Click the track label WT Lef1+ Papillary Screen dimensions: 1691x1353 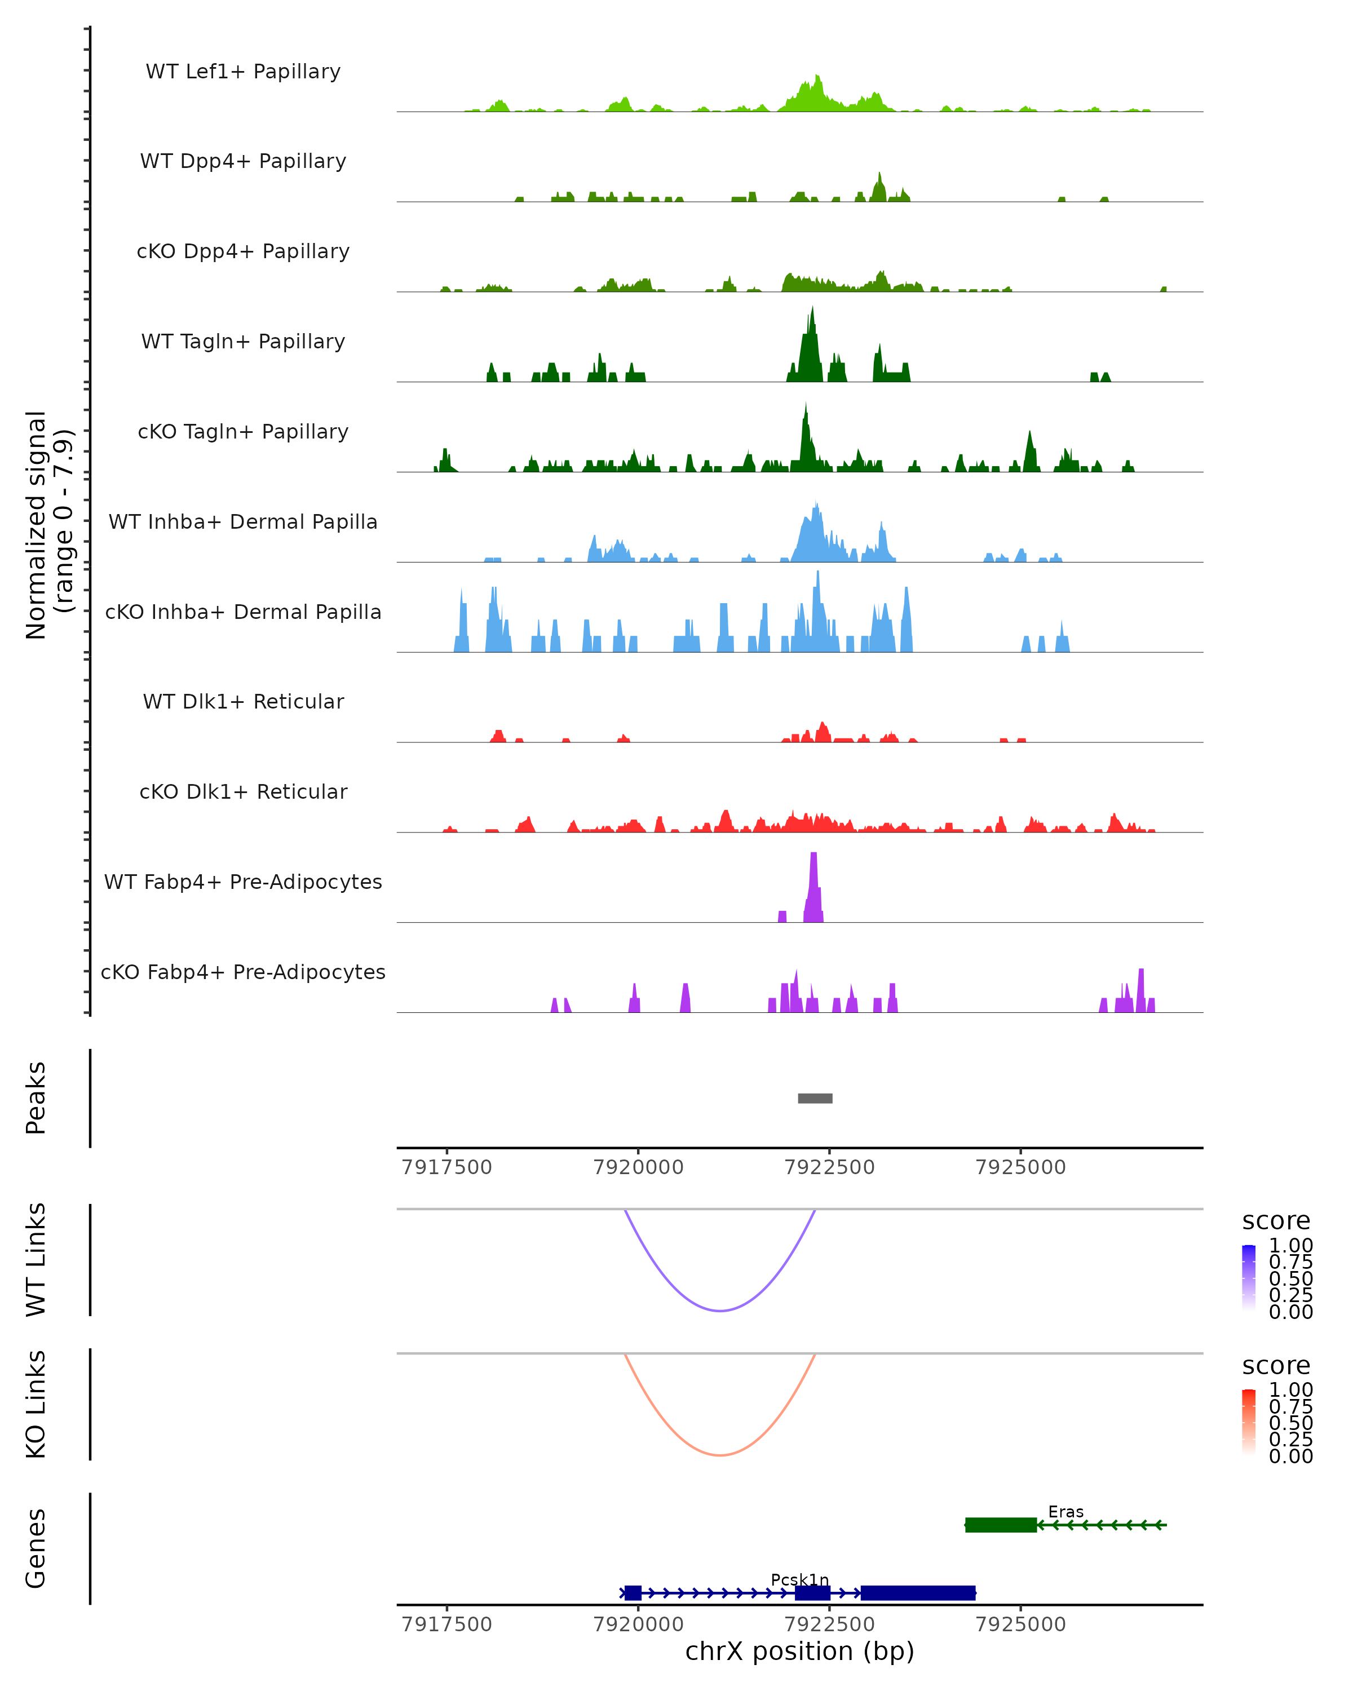click(x=243, y=72)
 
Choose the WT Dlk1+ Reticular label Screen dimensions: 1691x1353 click(x=243, y=701)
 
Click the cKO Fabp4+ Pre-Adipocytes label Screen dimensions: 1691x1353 click(x=243, y=972)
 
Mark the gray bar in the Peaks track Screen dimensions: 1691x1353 click(x=815, y=1098)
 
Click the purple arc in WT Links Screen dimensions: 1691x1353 click(x=720, y=1311)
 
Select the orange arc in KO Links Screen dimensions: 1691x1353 click(x=720, y=1455)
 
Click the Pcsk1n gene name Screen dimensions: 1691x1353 click(x=799, y=1579)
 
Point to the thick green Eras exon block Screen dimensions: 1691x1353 click(x=1000, y=1525)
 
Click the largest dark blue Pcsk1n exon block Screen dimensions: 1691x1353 click(x=918, y=1593)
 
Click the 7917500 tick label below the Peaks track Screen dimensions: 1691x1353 click(x=446, y=1167)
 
